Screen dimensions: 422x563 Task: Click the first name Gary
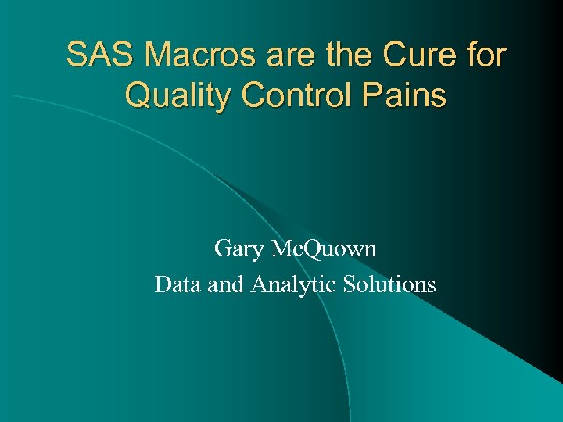pos(239,250)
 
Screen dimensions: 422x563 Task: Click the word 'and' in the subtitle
pos(226,284)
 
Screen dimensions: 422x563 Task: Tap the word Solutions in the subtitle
pos(389,284)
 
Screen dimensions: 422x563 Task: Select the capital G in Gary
pos(222,249)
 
